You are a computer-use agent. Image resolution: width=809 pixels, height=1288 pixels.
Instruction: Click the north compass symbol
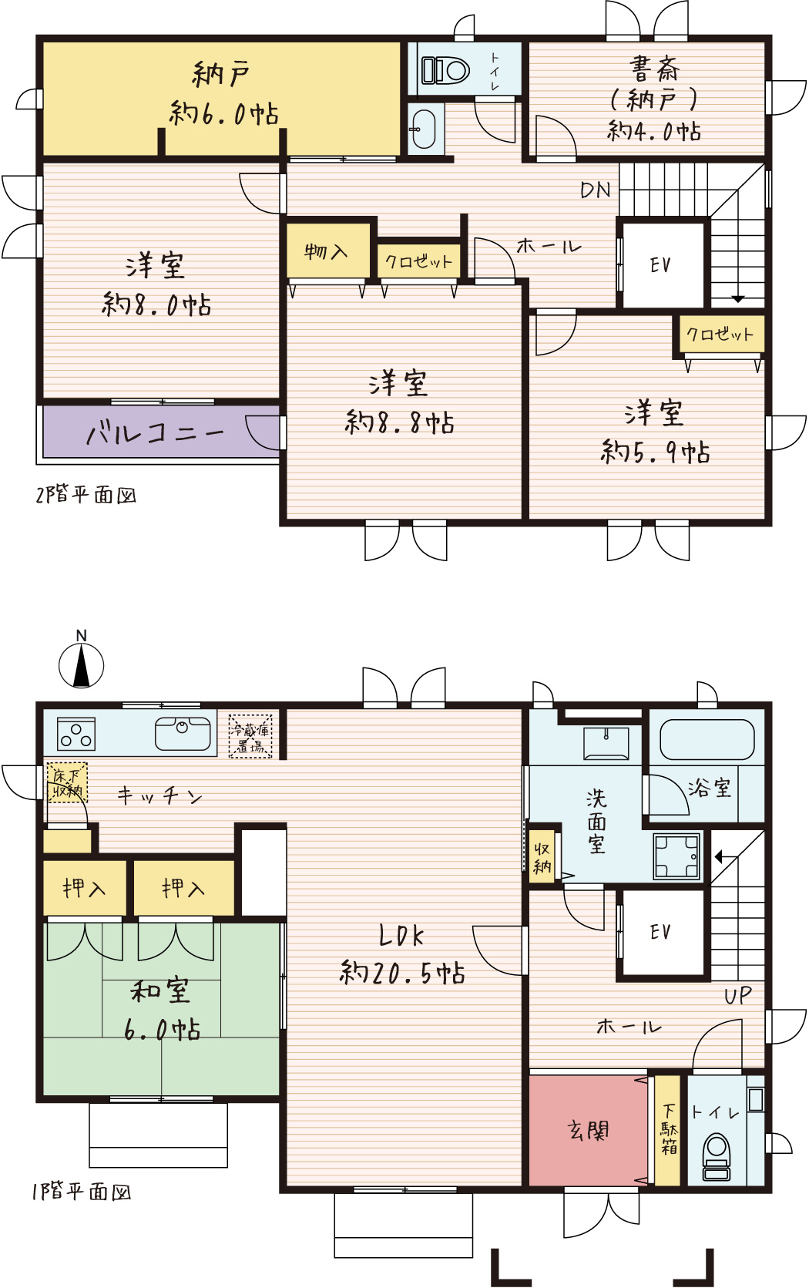[82, 665]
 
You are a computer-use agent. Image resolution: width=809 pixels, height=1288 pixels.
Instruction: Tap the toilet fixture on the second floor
[445, 71]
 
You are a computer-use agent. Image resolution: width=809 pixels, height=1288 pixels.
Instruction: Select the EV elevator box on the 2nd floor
[663, 265]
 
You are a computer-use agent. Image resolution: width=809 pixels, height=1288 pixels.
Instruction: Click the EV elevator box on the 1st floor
[663, 931]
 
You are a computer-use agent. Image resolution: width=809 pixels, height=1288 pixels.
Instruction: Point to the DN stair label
[596, 190]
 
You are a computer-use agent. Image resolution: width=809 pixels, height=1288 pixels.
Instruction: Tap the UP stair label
[738, 996]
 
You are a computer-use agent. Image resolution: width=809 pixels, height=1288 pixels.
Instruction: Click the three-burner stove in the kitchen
[76, 735]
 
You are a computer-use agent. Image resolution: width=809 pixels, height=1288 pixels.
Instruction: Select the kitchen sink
[183, 734]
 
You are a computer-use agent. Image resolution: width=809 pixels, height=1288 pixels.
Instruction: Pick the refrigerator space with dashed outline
[250, 736]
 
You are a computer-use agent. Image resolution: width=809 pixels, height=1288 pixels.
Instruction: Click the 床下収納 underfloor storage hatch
[67, 782]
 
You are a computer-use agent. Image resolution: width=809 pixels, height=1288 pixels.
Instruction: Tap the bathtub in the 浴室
[707, 740]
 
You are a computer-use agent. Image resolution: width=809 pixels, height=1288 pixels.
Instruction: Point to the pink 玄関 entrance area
[588, 1130]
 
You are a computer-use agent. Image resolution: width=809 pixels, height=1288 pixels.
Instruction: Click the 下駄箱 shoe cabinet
[668, 1130]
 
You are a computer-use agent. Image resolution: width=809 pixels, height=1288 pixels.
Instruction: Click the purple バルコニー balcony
[162, 432]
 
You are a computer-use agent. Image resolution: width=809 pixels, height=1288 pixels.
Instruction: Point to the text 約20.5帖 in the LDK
[402, 973]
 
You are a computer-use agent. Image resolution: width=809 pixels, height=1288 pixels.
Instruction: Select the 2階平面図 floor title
[86, 495]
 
